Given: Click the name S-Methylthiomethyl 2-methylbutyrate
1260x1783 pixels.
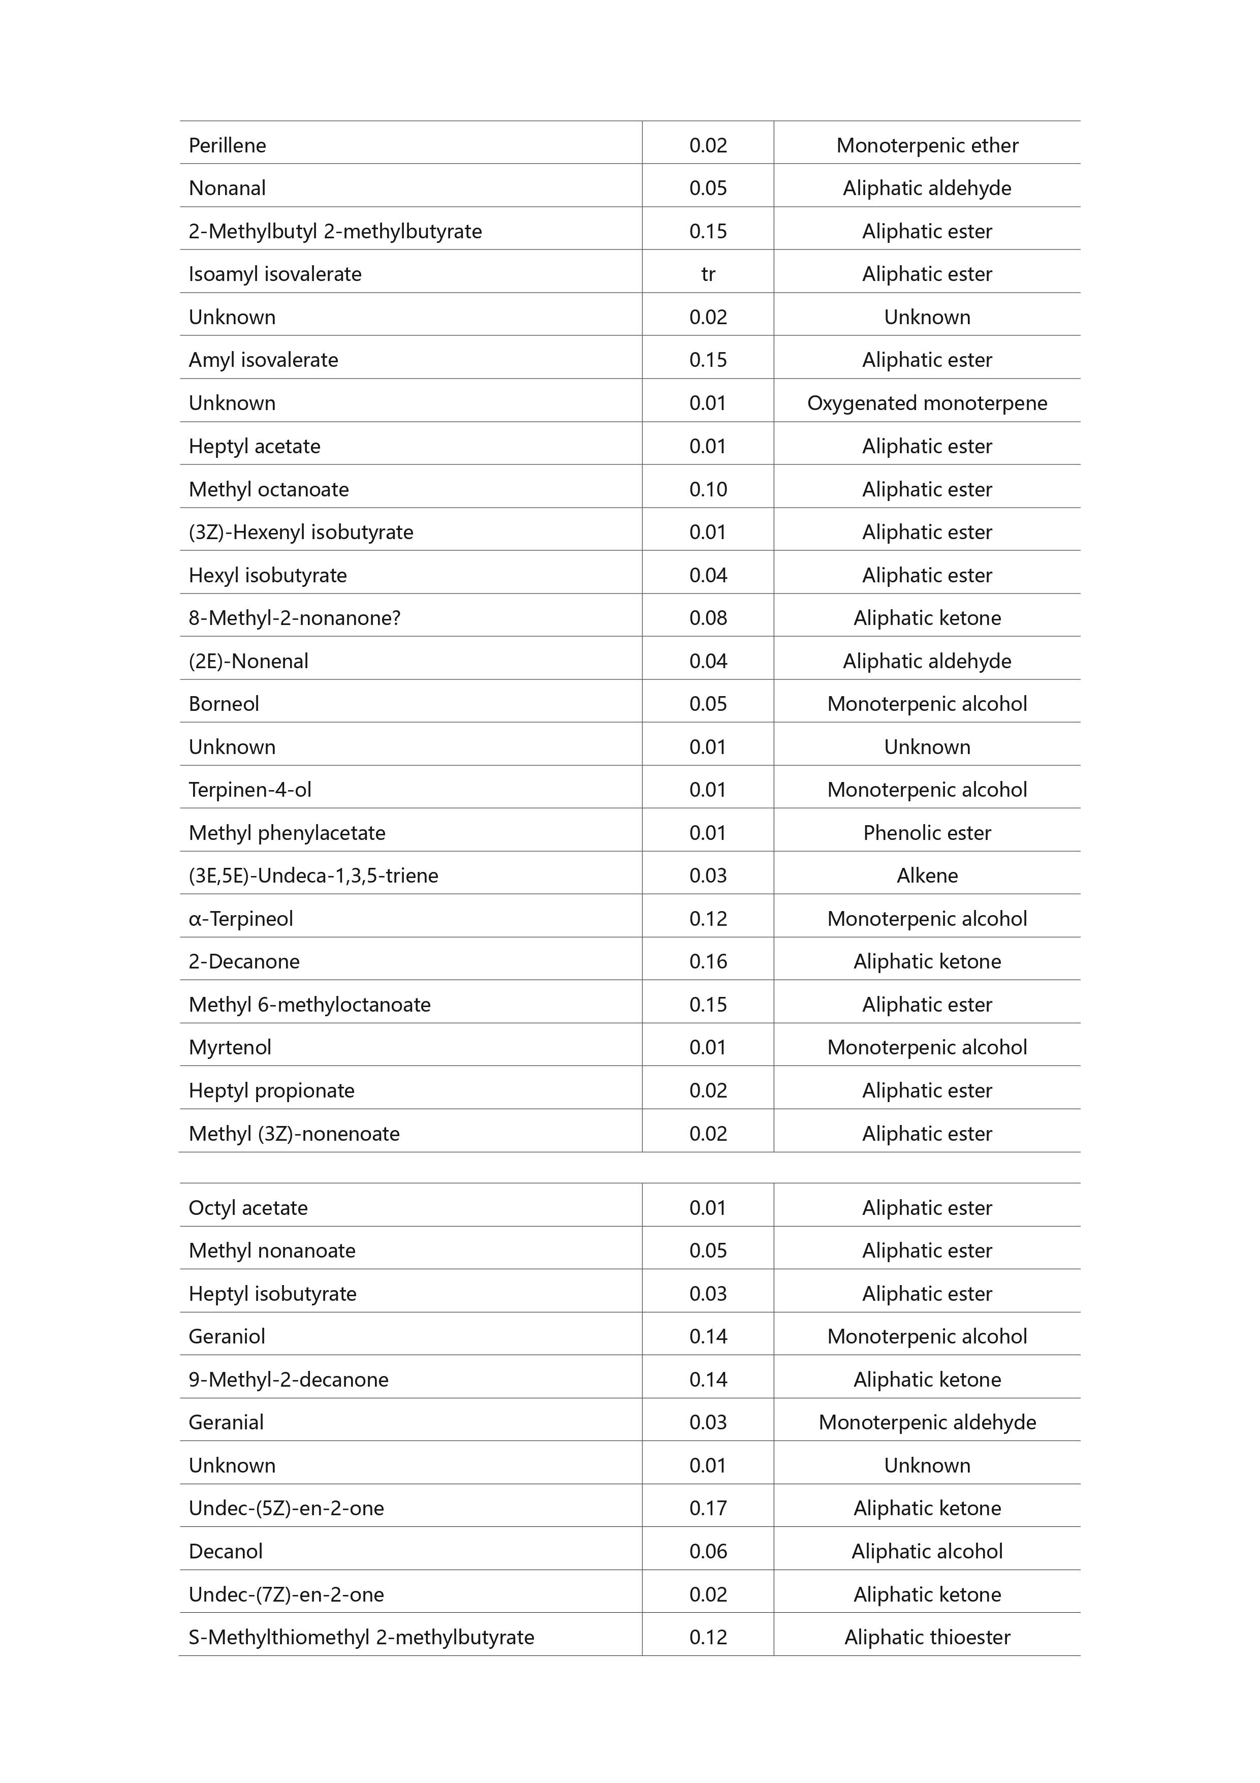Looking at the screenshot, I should coord(361,1637).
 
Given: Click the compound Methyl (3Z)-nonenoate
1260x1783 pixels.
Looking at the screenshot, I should coord(294,1133).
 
